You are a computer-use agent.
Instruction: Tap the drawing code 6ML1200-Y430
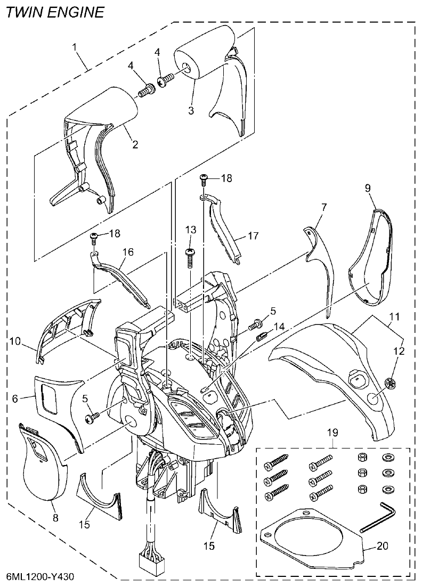(40, 577)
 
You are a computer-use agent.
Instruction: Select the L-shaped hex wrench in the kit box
(379, 517)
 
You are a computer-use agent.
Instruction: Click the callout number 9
(367, 187)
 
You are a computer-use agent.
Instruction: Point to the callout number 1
(76, 47)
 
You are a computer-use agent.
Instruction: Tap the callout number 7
(324, 206)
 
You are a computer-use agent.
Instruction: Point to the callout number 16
(128, 251)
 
